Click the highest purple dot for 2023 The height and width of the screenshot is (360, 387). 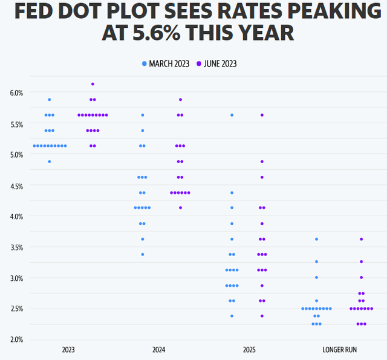tap(93, 84)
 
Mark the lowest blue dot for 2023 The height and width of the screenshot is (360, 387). tap(50, 161)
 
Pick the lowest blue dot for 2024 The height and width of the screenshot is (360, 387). tap(143, 254)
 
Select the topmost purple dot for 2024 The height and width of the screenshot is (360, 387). tap(180, 100)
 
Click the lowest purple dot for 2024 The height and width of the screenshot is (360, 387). tap(180, 208)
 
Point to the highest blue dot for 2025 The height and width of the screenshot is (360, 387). tap(232, 115)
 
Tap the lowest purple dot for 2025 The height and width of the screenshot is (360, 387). tap(262, 316)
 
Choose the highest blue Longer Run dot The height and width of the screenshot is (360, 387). tap(316, 239)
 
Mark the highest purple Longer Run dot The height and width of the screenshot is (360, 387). tap(362, 239)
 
